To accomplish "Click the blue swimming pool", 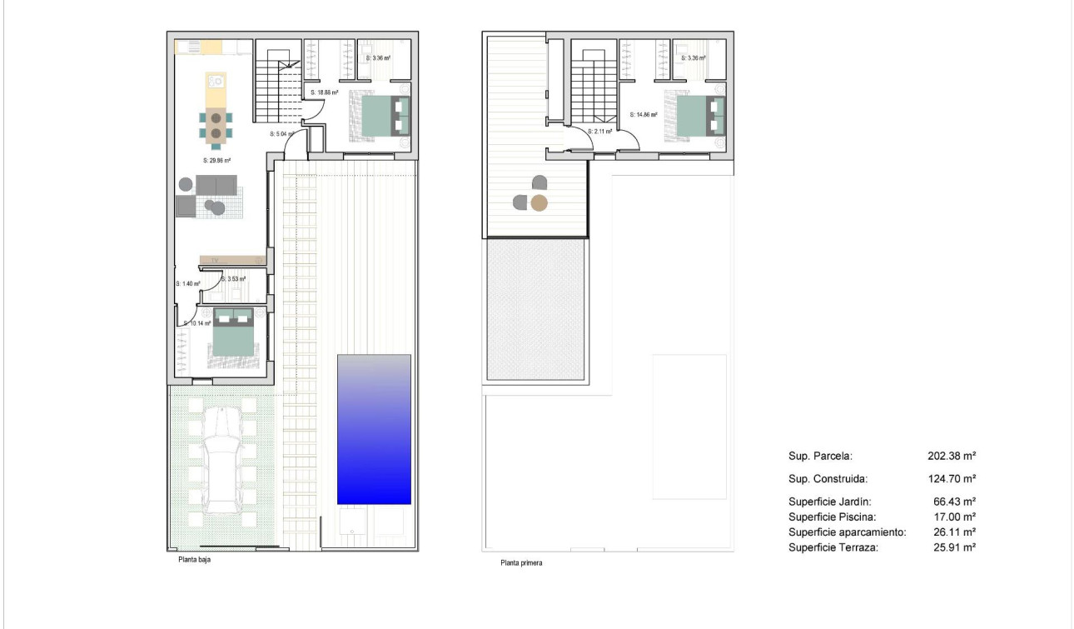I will coord(374,429).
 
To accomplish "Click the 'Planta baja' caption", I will coord(194,561).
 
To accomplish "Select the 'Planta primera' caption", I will coord(521,563).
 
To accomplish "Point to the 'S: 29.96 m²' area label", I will coord(216,160).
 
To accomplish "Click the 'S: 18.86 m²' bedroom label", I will coord(323,93).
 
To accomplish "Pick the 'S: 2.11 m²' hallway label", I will coord(599,132).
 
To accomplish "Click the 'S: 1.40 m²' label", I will coord(187,283).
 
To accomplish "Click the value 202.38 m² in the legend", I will coord(951,457).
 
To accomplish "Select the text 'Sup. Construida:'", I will coord(828,479).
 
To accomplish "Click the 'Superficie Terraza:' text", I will coord(833,547).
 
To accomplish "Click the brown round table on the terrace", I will coord(539,202).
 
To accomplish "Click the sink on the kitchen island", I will coord(216,82).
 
